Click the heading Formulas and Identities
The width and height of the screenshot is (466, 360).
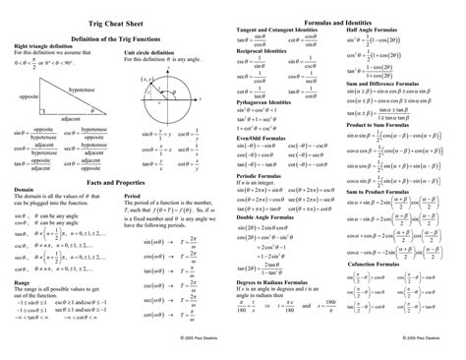(x=346, y=21)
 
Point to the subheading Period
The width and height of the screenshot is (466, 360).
(x=133, y=196)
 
